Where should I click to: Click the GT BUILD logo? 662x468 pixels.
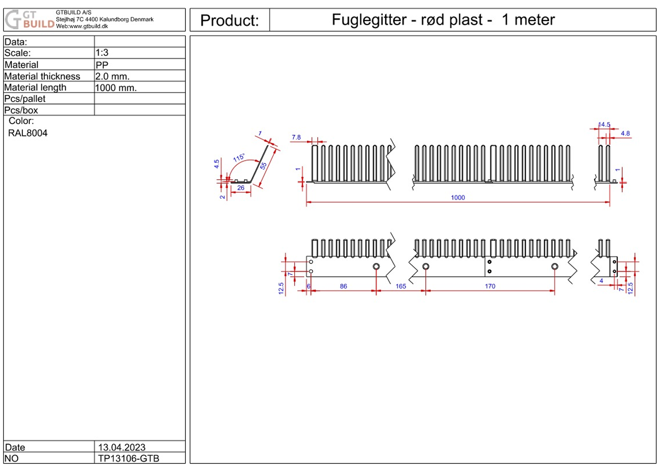pyautogui.click(x=29, y=20)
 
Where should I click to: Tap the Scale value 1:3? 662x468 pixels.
pyautogui.click(x=102, y=53)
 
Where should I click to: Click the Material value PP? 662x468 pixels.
pyautogui.click(x=102, y=65)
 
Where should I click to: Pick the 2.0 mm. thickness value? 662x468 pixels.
pyautogui.click(x=112, y=76)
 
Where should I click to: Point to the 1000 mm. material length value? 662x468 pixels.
pyautogui.click(x=116, y=87)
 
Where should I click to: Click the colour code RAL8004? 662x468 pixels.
pyautogui.click(x=28, y=133)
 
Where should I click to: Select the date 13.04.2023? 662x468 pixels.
pyautogui.click(x=122, y=447)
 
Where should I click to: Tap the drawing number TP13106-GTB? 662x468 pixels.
pyautogui.click(x=129, y=458)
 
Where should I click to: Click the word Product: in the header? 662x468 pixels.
pyautogui.click(x=229, y=21)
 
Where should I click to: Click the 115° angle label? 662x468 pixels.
pyautogui.click(x=239, y=158)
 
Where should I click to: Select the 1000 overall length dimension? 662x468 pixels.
pyautogui.click(x=458, y=197)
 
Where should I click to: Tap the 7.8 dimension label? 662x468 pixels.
pyautogui.click(x=296, y=137)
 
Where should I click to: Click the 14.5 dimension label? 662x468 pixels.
pyautogui.click(x=604, y=125)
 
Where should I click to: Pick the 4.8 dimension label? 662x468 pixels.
pyautogui.click(x=625, y=133)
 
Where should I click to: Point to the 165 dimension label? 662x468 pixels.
pyautogui.click(x=401, y=286)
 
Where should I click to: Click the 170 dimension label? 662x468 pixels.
pyautogui.click(x=490, y=286)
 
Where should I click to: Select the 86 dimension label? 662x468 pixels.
pyautogui.click(x=343, y=286)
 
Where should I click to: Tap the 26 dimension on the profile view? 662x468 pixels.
pyautogui.click(x=241, y=188)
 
